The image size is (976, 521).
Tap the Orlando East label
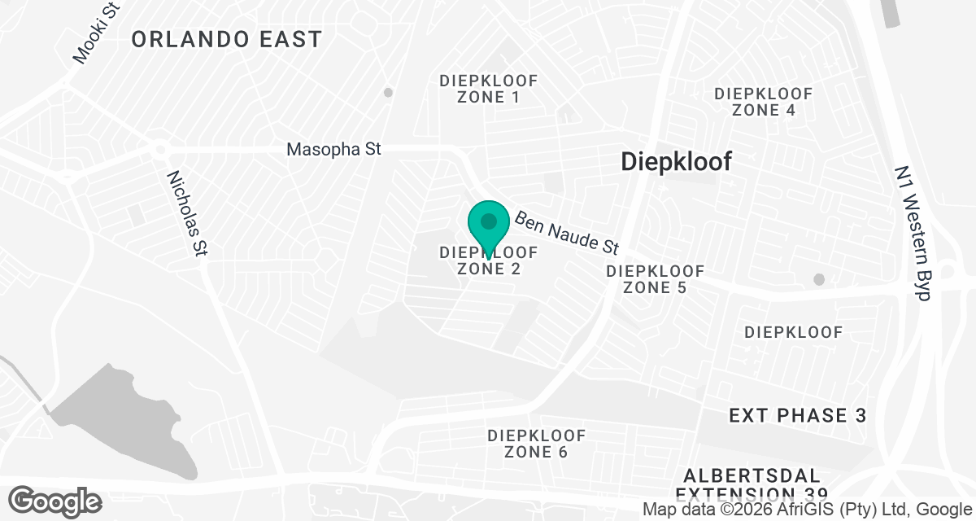tap(226, 39)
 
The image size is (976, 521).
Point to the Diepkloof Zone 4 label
tap(763, 102)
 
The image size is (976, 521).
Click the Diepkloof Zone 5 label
tap(656, 279)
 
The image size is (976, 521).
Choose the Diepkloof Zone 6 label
tap(536, 444)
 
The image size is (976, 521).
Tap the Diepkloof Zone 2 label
tap(489, 260)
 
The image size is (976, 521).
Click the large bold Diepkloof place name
tap(676, 161)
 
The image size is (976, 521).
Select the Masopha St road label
tap(333, 150)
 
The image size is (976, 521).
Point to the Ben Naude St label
tap(567, 232)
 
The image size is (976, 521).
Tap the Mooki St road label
tap(95, 33)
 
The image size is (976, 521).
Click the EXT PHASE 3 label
tap(797, 416)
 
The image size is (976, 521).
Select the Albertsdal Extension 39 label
tap(752, 484)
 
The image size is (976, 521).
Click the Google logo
tap(55, 501)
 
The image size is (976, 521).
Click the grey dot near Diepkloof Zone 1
tap(388, 93)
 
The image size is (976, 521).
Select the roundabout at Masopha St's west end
tap(159, 150)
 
